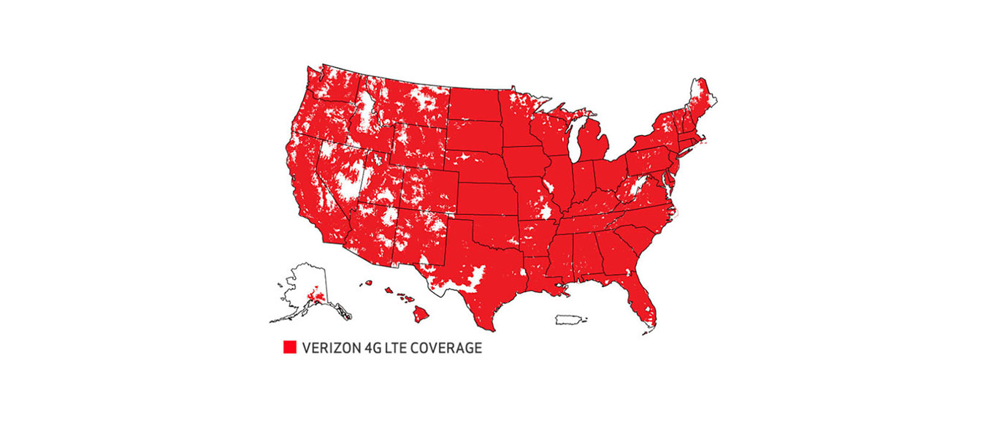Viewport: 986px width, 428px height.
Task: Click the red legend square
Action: (x=290, y=348)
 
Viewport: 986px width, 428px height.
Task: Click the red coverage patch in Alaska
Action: (x=317, y=296)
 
